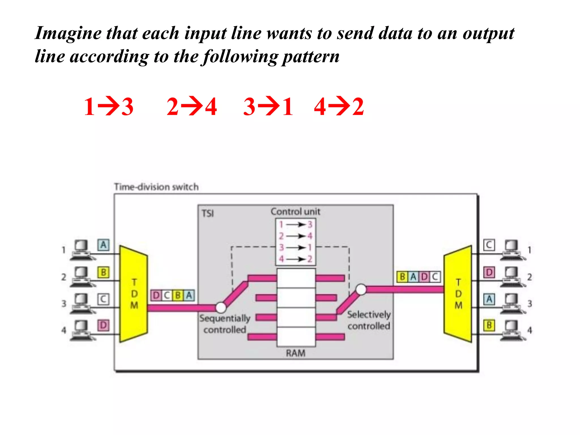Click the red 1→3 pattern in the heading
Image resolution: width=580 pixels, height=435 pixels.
point(109,106)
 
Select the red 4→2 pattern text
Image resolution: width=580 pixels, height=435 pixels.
point(339,106)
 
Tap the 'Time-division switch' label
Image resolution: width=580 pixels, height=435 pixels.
point(156,187)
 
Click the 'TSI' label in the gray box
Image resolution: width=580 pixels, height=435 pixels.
point(208,213)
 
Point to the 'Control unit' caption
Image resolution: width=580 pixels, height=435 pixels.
point(295,212)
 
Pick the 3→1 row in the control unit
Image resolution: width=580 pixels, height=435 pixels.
point(296,248)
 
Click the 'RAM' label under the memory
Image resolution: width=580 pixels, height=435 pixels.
point(295,353)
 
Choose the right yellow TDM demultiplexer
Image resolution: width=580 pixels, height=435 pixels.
point(458,294)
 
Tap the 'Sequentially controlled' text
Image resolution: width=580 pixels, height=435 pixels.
point(224,324)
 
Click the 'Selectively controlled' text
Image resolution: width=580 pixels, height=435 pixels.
point(369,320)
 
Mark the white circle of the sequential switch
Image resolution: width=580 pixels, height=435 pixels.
point(221,307)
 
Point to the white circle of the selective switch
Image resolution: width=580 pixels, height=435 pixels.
point(361,289)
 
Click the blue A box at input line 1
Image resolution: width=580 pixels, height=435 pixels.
point(103,245)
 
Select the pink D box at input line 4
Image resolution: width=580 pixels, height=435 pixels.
point(103,325)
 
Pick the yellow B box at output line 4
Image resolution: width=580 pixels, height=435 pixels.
point(489,325)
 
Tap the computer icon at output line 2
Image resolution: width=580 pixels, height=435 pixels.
point(512,276)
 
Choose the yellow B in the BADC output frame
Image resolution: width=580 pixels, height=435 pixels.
point(402,276)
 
